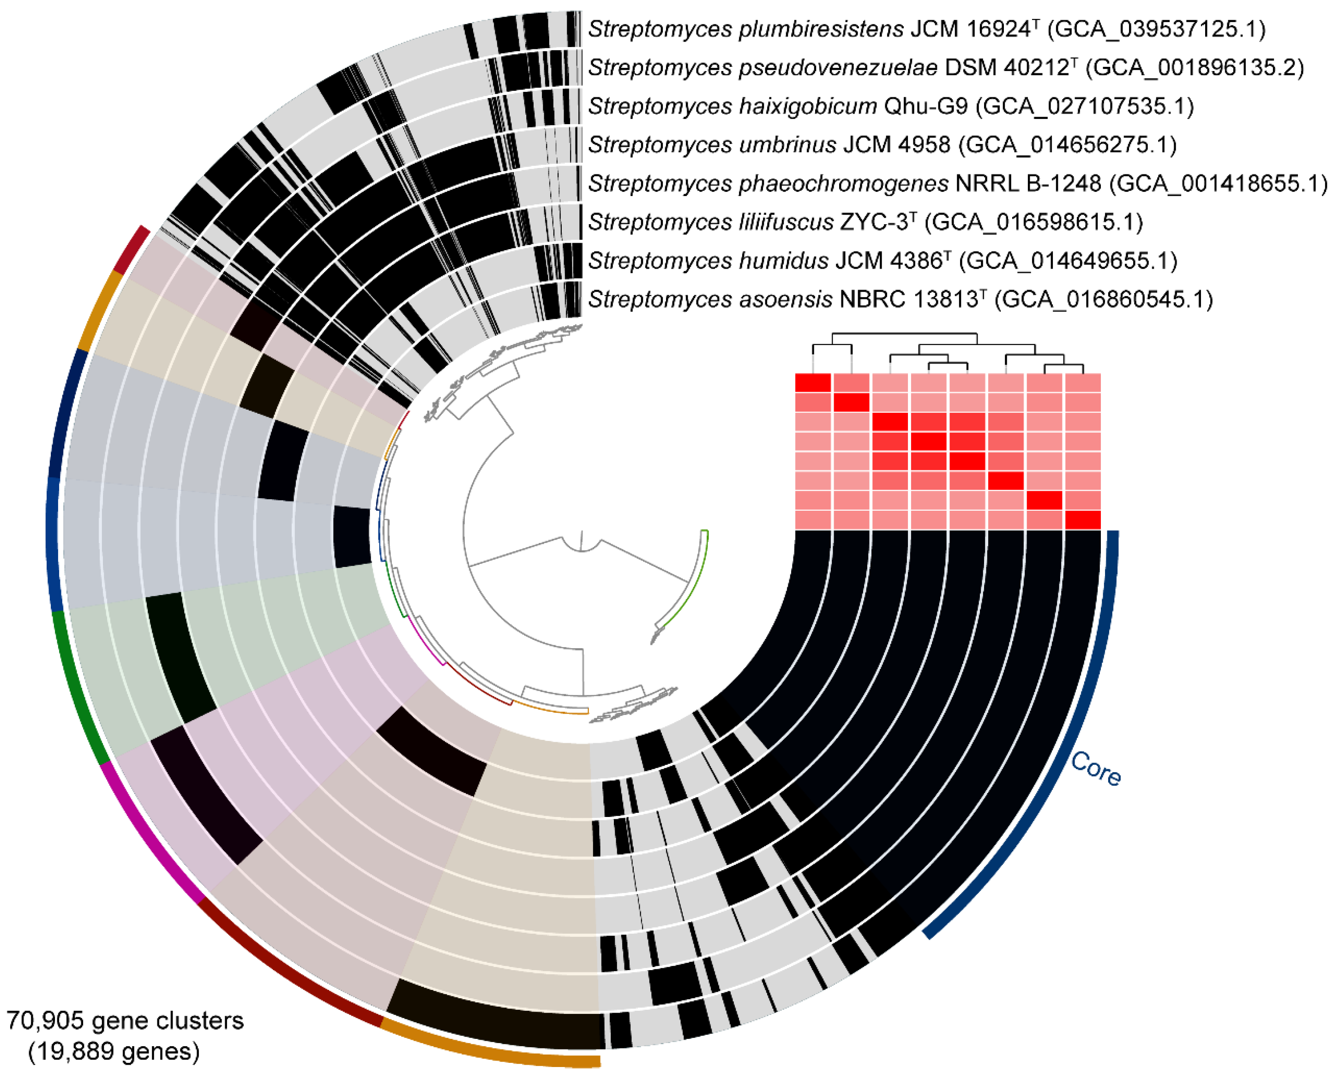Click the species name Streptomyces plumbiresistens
click(745, 29)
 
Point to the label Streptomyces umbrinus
click(712, 145)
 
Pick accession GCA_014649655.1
click(1068, 261)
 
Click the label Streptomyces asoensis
click(710, 299)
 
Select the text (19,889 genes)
click(114, 1051)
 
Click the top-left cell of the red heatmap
click(813, 383)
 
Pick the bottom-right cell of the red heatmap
click(1083, 519)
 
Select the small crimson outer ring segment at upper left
click(131, 249)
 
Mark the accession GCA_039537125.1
click(1156, 29)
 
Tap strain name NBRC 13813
click(908, 299)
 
